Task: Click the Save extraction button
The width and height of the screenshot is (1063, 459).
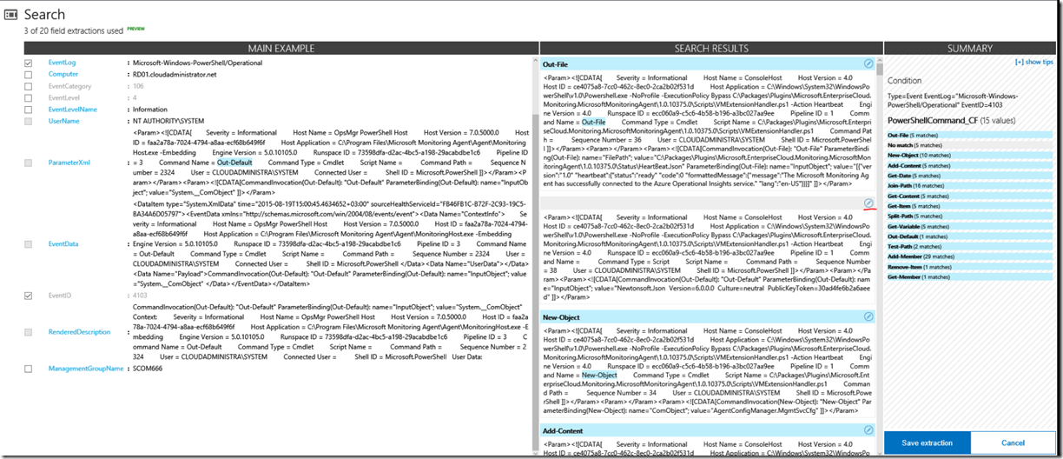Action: click(x=927, y=442)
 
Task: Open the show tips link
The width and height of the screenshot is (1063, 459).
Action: click(x=1033, y=63)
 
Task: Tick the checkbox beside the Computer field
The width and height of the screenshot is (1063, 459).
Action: click(x=29, y=75)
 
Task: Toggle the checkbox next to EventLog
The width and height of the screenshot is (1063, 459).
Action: click(x=29, y=63)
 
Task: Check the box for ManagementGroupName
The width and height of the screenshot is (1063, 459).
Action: click(x=29, y=369)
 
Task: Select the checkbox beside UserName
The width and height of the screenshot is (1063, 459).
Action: click(x=29, y=121)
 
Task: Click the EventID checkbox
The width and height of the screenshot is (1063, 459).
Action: click(x=29, y=296)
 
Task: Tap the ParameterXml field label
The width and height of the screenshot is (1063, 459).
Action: click(x=69, y=163)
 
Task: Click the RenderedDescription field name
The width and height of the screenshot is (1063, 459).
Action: click(x=79, y=331)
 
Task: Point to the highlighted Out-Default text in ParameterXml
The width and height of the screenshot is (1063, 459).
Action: click(x=234, y=163)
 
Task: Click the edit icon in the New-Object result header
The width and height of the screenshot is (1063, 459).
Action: click(x=868, y=317)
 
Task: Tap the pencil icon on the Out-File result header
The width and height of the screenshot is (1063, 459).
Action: click(x=868, y=64)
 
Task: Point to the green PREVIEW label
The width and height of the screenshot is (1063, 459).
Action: click(x=136, y=29)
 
